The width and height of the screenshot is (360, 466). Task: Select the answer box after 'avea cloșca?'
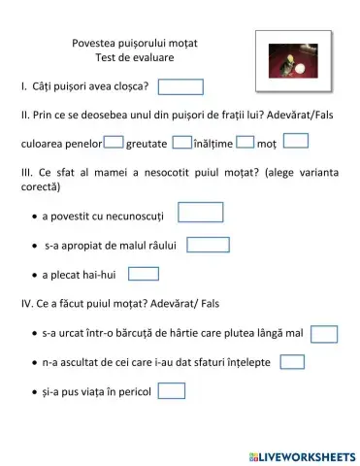180,87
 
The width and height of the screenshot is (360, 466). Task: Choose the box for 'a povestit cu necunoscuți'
201,212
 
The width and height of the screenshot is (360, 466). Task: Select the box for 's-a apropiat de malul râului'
208,244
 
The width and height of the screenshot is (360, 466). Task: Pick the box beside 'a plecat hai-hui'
144,274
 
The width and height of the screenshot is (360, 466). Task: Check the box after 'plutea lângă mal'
324,334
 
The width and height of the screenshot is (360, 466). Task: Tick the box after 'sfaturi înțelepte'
292,362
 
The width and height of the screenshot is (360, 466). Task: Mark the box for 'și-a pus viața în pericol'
172,391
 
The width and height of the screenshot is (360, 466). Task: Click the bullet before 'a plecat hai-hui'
34,275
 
